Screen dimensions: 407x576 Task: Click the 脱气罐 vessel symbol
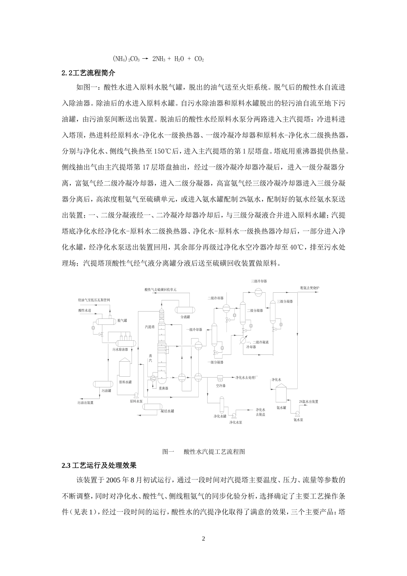[x=105, y=320]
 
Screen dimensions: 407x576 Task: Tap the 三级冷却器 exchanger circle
[x=259, y=291]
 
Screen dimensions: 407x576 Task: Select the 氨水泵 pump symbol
[x=296, y=413]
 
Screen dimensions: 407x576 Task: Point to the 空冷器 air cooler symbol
[x=221, y=378]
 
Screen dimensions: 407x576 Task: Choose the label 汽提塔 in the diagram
[x=150, y=327]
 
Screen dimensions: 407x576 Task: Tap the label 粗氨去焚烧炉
[x=310, y=287]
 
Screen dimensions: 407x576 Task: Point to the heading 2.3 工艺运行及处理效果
[x=99, y=465]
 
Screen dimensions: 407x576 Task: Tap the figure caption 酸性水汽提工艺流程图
[x=214, y=451]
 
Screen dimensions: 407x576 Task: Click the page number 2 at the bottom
[x=203, y=538]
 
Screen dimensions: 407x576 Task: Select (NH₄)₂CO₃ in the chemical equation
[x=126, y=58]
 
